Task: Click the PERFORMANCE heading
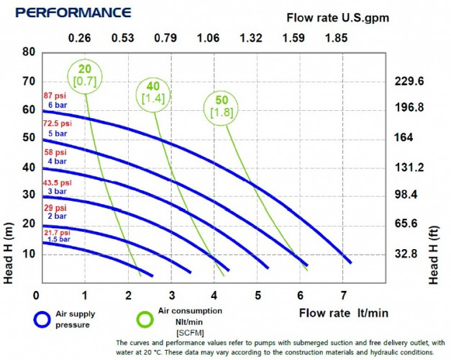click(73, 13)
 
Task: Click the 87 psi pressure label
click(56, 96)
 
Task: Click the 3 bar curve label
click(58, 191)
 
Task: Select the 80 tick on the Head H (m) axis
click(29, 52)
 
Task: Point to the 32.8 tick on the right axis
click(413, 253)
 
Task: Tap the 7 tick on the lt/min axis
click(344, 295)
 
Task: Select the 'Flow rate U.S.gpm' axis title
click(338, 18)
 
